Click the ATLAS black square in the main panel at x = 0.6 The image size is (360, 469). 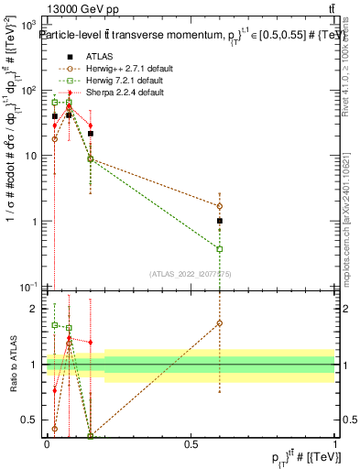point(219,221)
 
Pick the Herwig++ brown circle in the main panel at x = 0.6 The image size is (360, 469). point(219,206)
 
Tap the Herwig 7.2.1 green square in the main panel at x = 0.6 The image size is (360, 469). point(219,249)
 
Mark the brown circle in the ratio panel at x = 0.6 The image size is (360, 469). point(219,322)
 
